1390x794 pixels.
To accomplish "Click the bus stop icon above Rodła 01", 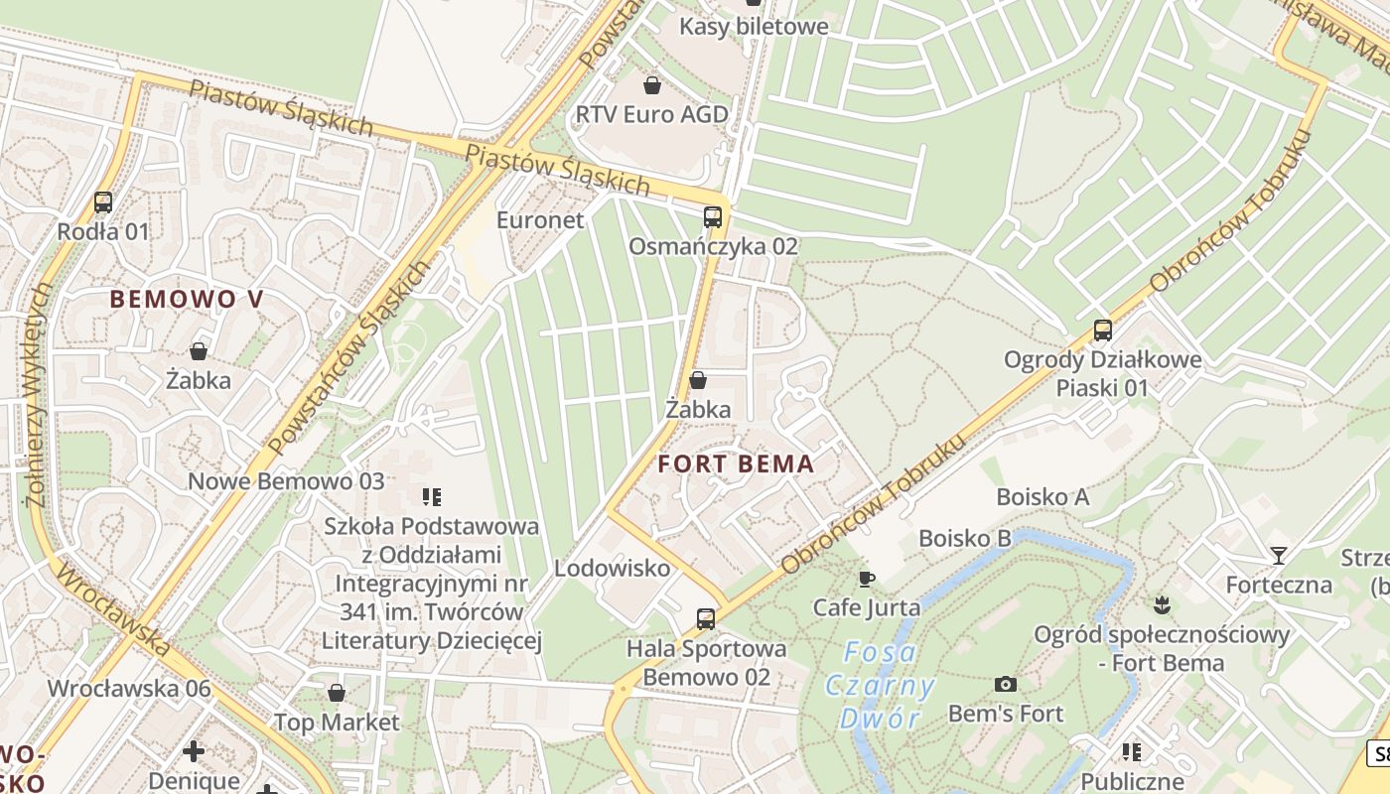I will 103,202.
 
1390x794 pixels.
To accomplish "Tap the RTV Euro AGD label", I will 651,114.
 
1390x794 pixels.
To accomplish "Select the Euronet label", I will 540,220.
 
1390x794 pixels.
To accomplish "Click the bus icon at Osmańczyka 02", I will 712,217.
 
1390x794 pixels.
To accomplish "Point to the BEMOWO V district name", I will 187,299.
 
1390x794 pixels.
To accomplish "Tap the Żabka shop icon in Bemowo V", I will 199,351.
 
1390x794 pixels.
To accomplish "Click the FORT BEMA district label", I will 736,463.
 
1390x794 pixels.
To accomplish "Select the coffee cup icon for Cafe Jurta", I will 866,579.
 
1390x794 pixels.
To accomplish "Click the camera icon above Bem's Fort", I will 1005,684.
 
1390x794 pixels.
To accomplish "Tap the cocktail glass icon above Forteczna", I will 1278,556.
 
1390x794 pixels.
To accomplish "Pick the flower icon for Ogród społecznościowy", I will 1161,604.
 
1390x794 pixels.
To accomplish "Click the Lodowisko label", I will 612,569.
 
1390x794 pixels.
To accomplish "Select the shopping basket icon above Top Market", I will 337,693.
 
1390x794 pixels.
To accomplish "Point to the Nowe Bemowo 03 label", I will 286,481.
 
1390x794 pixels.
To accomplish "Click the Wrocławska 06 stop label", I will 129,688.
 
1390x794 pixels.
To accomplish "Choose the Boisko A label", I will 1042,496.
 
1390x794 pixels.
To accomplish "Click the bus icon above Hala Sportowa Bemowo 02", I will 705,619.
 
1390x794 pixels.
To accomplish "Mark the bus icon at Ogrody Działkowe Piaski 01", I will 1102,331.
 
